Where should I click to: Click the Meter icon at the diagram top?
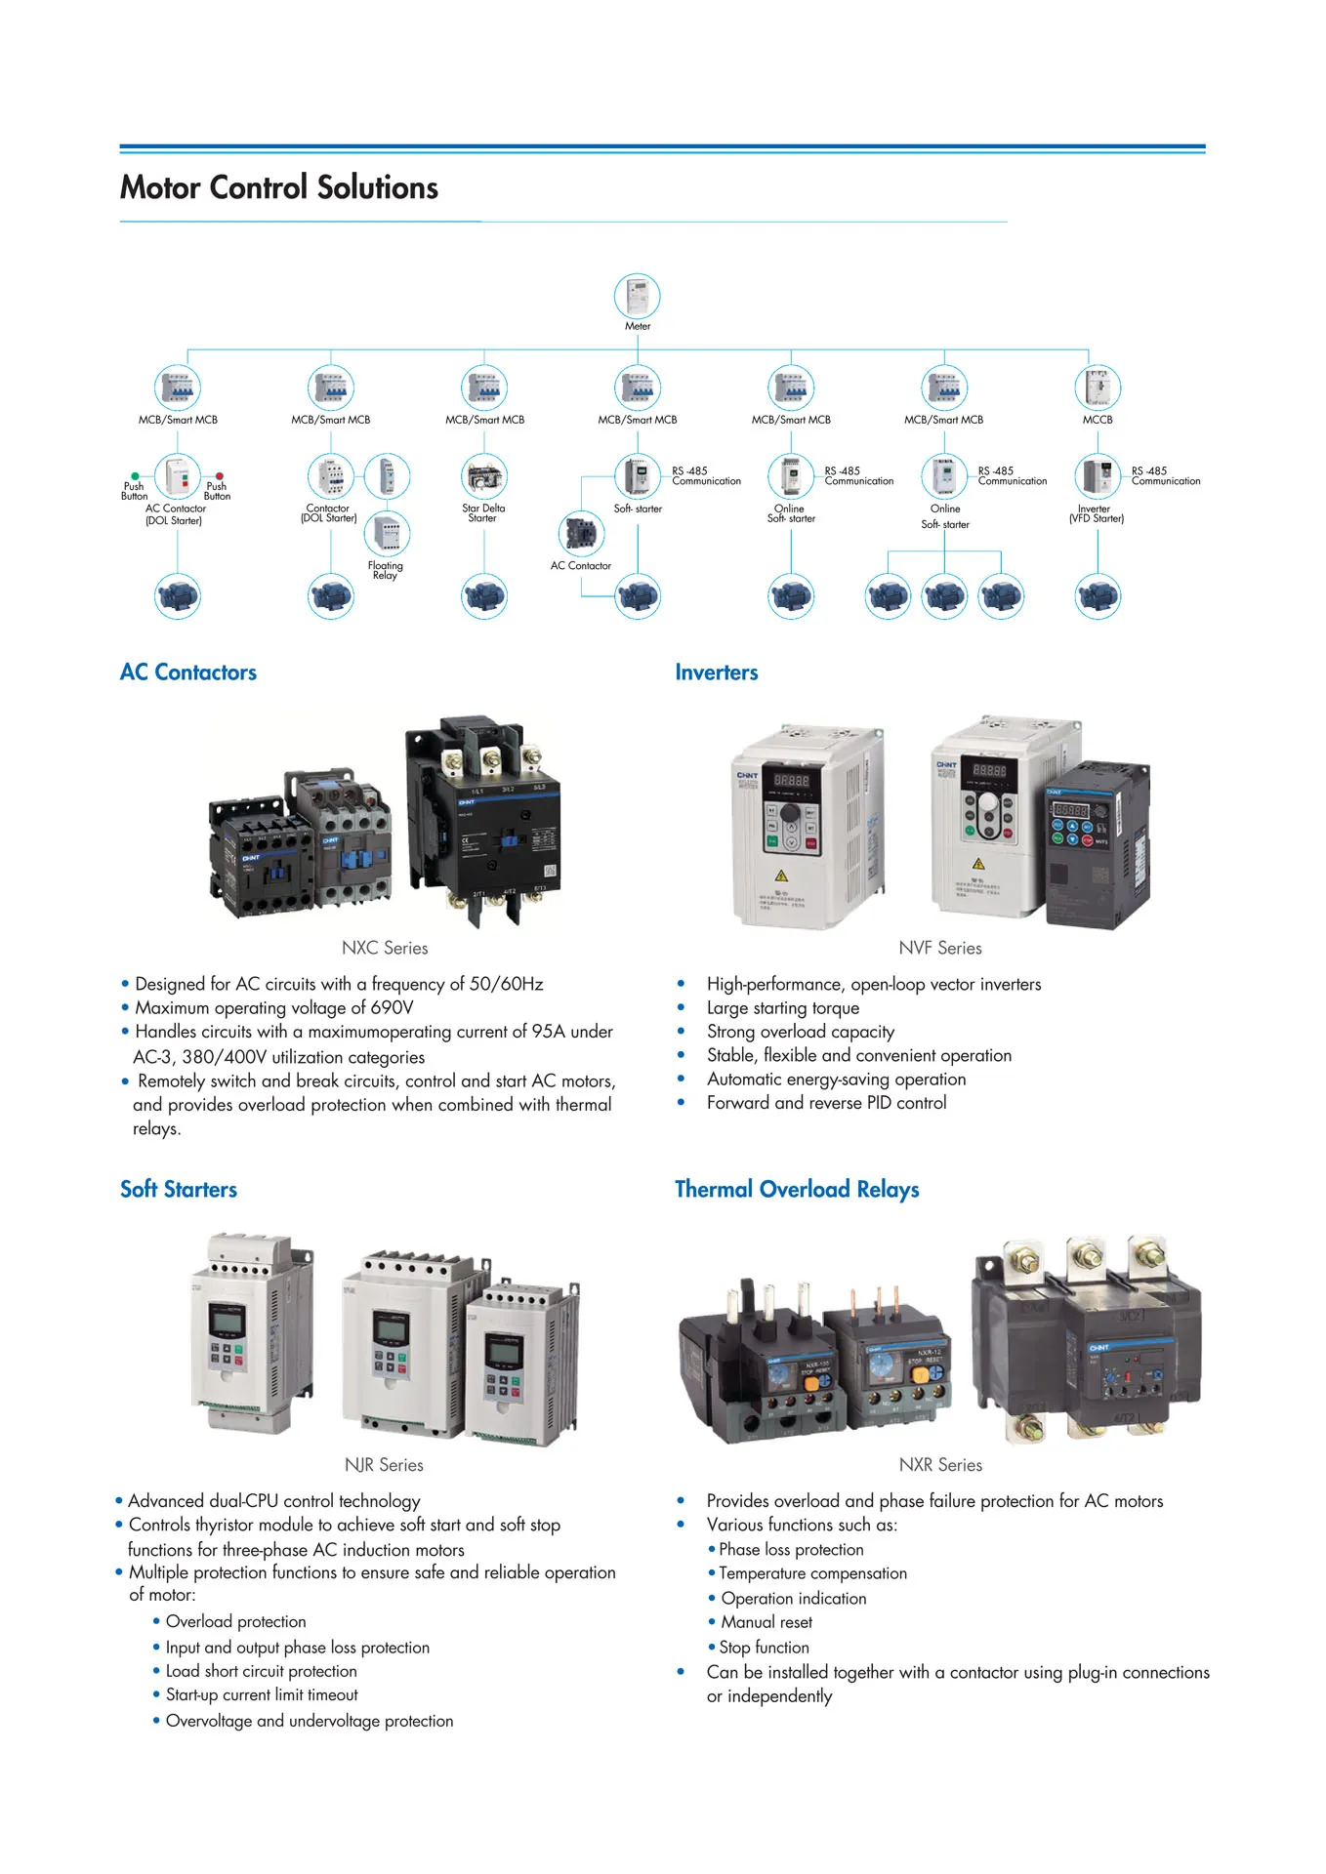638,296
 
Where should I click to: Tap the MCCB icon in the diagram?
1098,387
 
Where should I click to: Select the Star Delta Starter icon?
484,476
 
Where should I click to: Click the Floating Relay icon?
387,533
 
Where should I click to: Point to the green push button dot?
136,476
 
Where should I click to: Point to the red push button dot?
220,476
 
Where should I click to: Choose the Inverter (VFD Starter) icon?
1098,476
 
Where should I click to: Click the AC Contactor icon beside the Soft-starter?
581,533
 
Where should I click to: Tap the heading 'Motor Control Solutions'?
279,187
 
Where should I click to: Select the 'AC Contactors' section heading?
188,672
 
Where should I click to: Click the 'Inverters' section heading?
717,672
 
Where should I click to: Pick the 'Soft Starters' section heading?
179,1190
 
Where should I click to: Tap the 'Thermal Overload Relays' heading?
797,1190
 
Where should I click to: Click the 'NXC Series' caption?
385,948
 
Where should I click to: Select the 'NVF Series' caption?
940,948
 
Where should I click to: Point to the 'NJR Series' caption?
384,1465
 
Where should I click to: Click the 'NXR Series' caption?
940,1465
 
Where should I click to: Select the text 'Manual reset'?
767,1622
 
